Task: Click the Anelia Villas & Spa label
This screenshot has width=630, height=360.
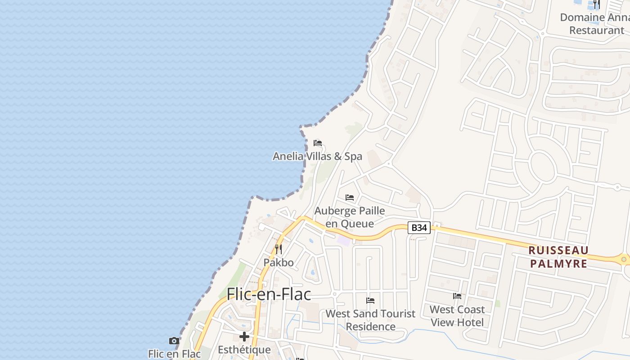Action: pos(317,157)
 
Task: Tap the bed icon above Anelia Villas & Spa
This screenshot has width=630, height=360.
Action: pos(318,143)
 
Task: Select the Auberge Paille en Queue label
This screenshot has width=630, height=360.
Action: pos(350,217)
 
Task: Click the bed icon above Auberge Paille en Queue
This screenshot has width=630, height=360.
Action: pos(350,198)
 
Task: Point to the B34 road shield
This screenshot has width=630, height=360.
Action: pos(419,228)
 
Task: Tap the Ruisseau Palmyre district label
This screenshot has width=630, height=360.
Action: pos(558,256)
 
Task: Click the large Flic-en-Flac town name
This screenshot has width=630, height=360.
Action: pos(269,294)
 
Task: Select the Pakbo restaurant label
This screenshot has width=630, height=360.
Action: pos(279,262)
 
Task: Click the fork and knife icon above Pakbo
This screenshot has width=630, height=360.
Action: pos(279,249)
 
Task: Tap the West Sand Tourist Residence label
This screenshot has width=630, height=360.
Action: pos(370,320)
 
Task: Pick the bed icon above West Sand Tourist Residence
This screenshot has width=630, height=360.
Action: pos(370,301)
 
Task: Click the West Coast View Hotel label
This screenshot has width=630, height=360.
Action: pos(457,316)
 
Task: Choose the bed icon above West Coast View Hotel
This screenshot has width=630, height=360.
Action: pos(457,296)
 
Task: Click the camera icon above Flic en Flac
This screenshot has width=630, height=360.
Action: pos(174,341)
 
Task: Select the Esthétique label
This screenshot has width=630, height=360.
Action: pos(244,350)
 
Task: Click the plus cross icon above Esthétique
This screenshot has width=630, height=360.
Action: pos(244,337)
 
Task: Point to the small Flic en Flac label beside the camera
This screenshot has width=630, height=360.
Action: pos(174,354)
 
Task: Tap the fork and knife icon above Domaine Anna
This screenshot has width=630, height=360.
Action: pos(597,4)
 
